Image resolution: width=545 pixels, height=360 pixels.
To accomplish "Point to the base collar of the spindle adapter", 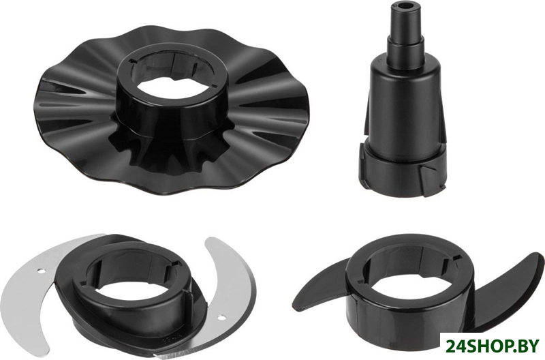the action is tap(403, 171).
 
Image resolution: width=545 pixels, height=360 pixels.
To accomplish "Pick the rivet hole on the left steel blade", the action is tap(40, 270).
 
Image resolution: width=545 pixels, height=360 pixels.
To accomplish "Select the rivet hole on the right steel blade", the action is tap(221, 316).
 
